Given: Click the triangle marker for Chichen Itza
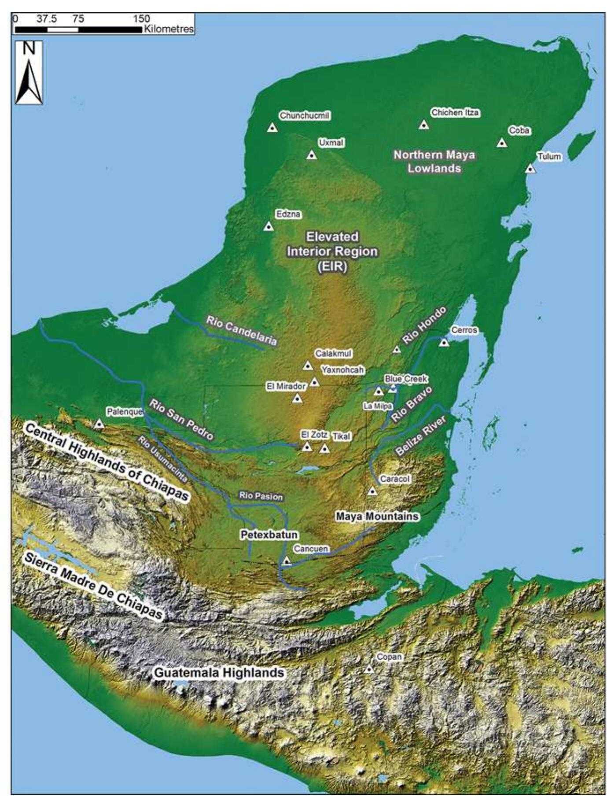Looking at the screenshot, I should tap(423, 125).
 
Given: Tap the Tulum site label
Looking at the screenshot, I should tap(549, 156).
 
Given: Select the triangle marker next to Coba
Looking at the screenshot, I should tap(501, 143).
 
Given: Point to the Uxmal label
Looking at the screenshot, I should tap(331, 143).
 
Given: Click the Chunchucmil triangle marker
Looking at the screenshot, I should tap(272, 128).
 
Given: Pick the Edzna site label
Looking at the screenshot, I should tap(288, 214).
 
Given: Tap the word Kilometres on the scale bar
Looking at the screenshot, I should tap(168, 29).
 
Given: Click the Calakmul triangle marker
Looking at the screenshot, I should tap(308, 365).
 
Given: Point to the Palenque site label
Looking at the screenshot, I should tap(125, 412).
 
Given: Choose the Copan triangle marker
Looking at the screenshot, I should tap(369, 669).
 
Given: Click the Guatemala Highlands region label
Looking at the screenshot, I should tap(218, 673).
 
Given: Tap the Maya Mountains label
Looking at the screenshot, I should tap(377, 516).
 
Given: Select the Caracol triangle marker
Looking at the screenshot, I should tap(372, 491).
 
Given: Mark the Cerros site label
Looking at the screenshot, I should tap(464, 330).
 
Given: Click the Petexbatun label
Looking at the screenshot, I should tap(269, 535).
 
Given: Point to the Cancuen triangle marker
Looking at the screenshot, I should tap(287, 561).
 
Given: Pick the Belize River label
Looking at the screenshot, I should tap(420, 436).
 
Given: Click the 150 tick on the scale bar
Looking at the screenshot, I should tap(142, 18).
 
